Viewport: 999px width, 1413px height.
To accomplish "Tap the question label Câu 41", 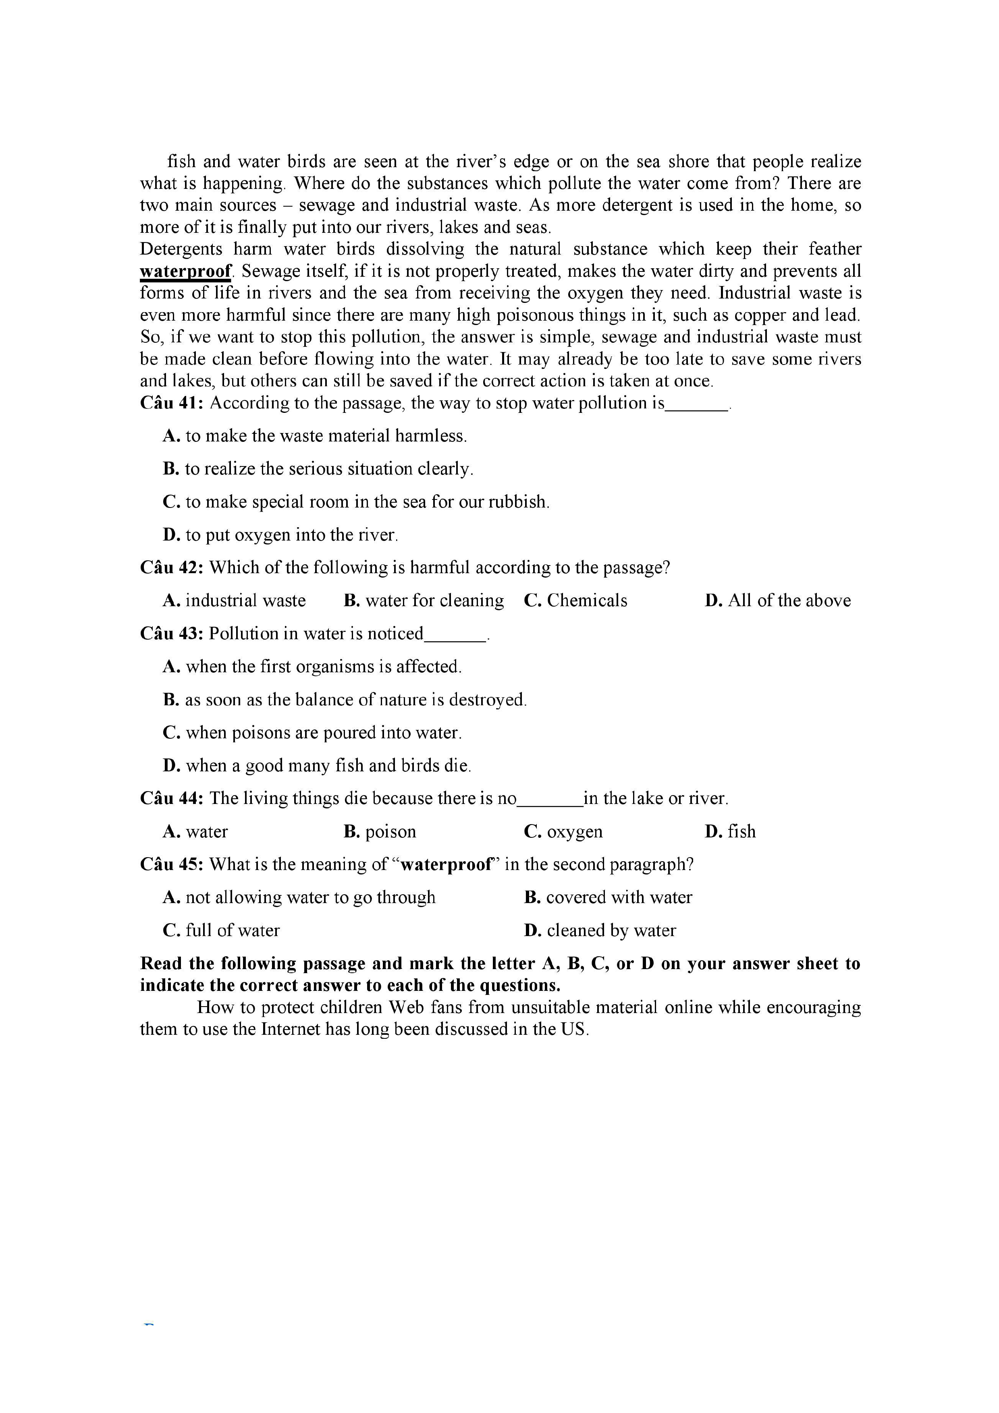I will [x=171, y=403].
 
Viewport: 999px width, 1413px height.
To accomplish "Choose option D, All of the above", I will [x=777, y=601].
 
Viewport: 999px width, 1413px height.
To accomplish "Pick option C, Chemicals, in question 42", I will [x=575, y=601].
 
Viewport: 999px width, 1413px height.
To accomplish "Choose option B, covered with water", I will [x=608, y=897].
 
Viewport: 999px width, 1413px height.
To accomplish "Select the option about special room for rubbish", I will [x=356, y=502].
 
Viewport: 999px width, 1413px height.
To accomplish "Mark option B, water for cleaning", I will [x=424, y=601].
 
